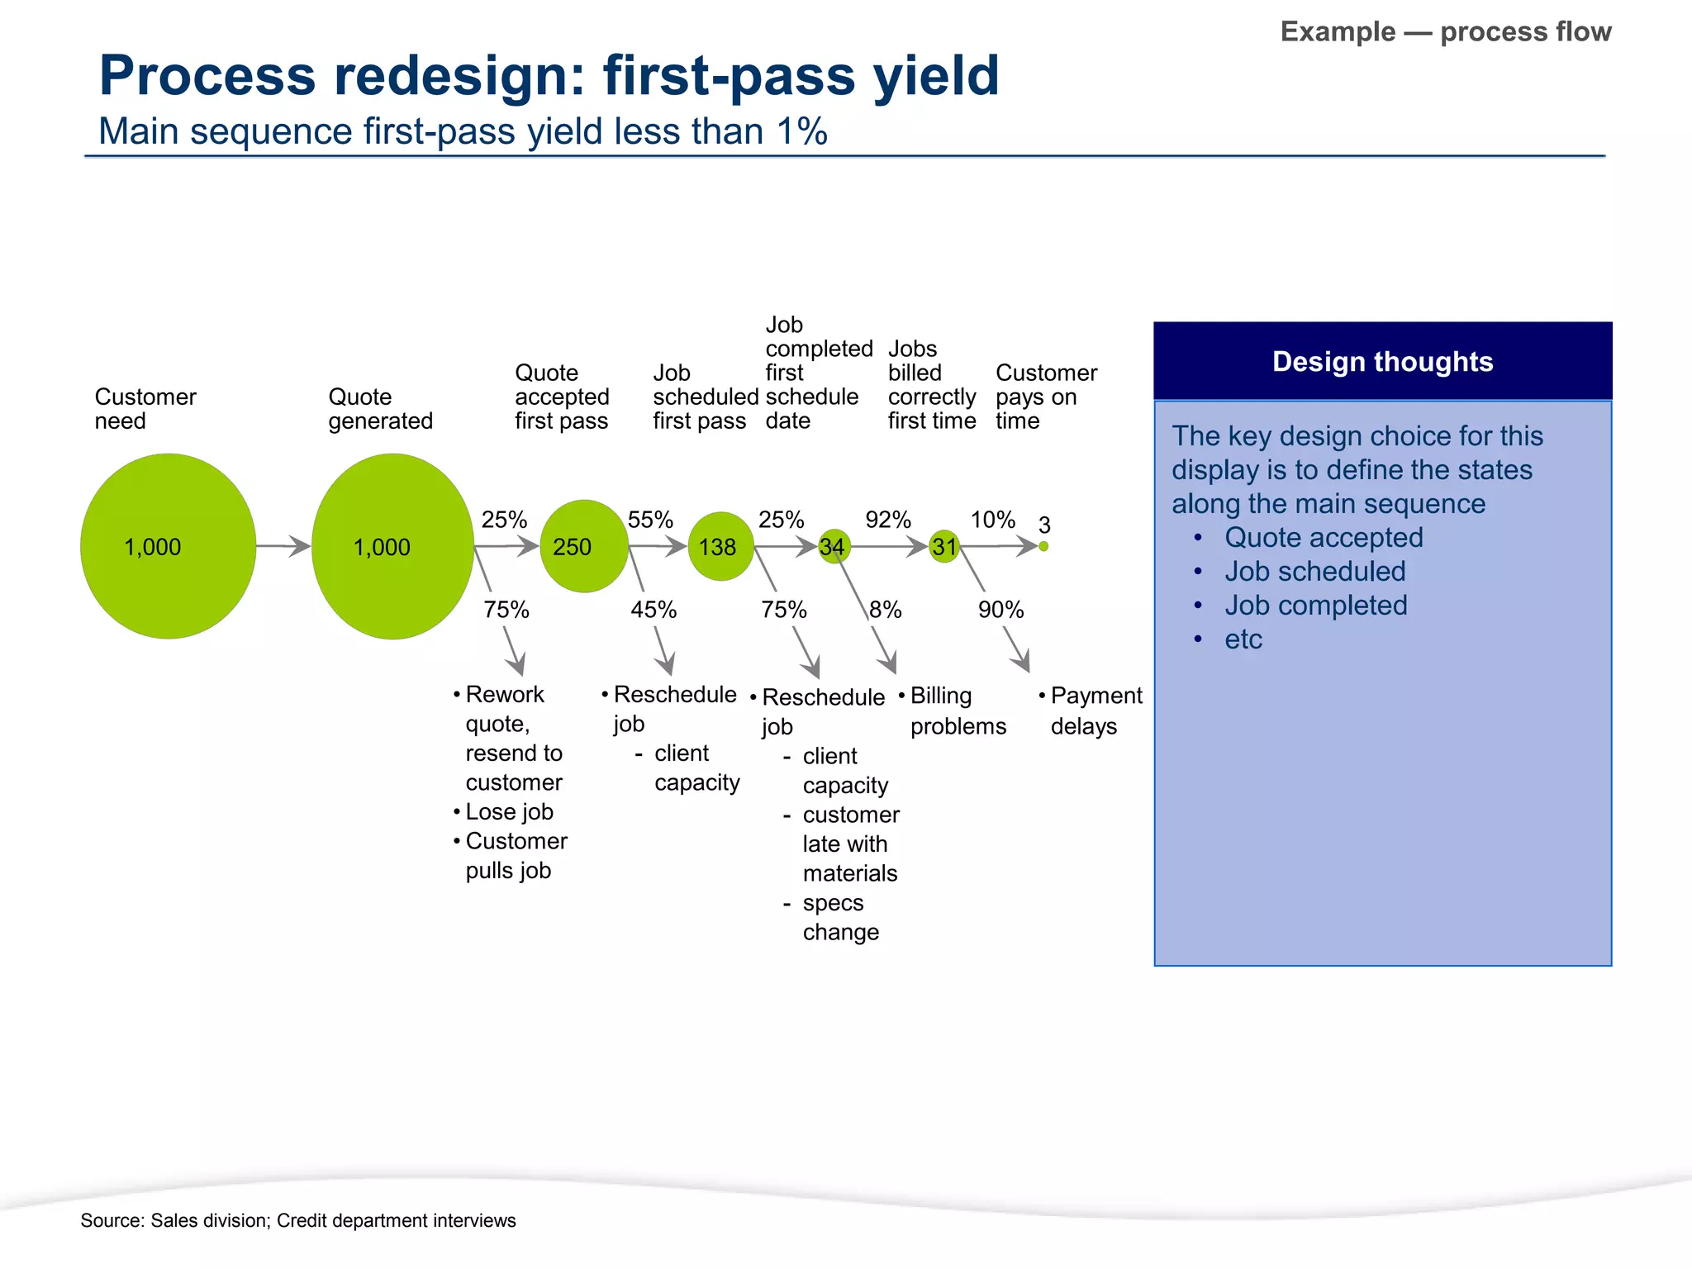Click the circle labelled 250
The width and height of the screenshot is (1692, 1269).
pos(584,546)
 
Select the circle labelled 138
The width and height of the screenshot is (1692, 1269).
pos(720,546)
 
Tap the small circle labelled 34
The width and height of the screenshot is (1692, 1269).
pos(834,546)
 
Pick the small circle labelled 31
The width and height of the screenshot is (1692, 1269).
pos(944,546)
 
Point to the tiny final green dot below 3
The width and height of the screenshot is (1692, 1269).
pos(1043,546)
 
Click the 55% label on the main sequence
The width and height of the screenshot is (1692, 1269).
pos(650,520)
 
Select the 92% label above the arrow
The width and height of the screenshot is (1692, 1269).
pos(888,520)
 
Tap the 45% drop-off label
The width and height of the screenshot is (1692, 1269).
pos(654,610)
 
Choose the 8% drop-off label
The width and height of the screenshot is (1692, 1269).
pos(886,610)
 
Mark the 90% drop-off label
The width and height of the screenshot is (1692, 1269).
pos(1000,610)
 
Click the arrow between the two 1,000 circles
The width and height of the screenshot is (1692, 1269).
pos(283,546)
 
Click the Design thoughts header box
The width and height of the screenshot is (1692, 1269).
pos(1382,361)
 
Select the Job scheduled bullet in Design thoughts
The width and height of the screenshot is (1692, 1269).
pos(1314,572)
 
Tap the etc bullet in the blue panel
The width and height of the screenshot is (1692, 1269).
pos(1243,639)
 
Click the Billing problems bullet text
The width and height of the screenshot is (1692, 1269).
pos(957,711)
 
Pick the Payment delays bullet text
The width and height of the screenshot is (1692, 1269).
pos(1095,711)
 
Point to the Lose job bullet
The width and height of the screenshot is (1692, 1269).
pos(509,811)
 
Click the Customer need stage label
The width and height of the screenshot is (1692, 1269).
pos(145,408)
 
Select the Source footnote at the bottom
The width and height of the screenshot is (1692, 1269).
pos(297,1220)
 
